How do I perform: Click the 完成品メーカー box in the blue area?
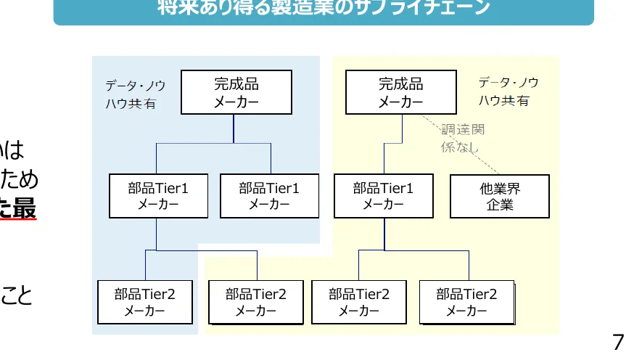tap(236, 92)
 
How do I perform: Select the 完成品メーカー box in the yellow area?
tap(400, 92)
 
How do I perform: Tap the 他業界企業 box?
tap(500, 196)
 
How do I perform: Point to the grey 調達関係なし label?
tap(462, 138)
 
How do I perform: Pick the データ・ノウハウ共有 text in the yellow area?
tap(508, 91)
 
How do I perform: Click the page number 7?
tap(618, 342)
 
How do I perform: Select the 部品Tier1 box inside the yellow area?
tap(383, 196)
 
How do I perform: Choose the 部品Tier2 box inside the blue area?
tap(144, 302)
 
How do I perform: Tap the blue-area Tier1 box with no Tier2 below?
tap(269, 196)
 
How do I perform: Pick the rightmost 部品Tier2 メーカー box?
tap(466, 302)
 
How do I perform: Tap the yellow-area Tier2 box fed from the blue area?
tap(255, 302)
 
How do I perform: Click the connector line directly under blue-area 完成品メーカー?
tap(234, 128)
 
